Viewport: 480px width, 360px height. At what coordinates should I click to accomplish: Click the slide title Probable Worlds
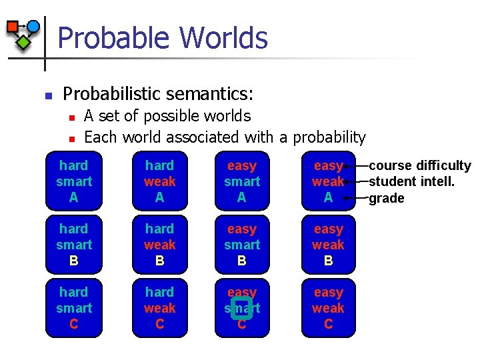pos(162,38)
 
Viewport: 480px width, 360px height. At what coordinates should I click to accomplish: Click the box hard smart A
pos(73,181)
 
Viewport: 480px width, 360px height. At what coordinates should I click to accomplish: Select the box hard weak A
pos(159,181)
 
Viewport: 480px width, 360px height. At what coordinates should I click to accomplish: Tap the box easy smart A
pos(241,181)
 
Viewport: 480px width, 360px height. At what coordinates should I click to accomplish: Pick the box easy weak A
pos(328,181)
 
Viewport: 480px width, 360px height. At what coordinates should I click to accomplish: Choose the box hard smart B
pos(73,245)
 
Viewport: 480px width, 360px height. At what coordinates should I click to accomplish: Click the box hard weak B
pos(159,245)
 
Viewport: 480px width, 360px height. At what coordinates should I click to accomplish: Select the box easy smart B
pos(241,245)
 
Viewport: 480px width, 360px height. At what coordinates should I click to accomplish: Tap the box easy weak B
pos(328,245)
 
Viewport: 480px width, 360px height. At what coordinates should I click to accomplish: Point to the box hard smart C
pos(73,308)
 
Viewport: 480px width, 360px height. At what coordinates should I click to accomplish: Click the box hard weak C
pos(159,308)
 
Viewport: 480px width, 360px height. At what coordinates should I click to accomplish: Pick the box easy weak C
pos(328,308)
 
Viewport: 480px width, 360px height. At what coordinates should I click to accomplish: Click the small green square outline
pos(241,307)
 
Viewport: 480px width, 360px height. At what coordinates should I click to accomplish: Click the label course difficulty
pos(419,166)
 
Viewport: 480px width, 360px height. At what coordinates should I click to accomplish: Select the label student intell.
pos(411,181)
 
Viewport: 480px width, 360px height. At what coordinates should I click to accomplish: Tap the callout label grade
pos(386,198)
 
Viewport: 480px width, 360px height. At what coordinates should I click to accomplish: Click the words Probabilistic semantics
pos(158,93)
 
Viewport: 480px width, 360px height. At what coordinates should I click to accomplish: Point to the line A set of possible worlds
pos(167,116)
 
